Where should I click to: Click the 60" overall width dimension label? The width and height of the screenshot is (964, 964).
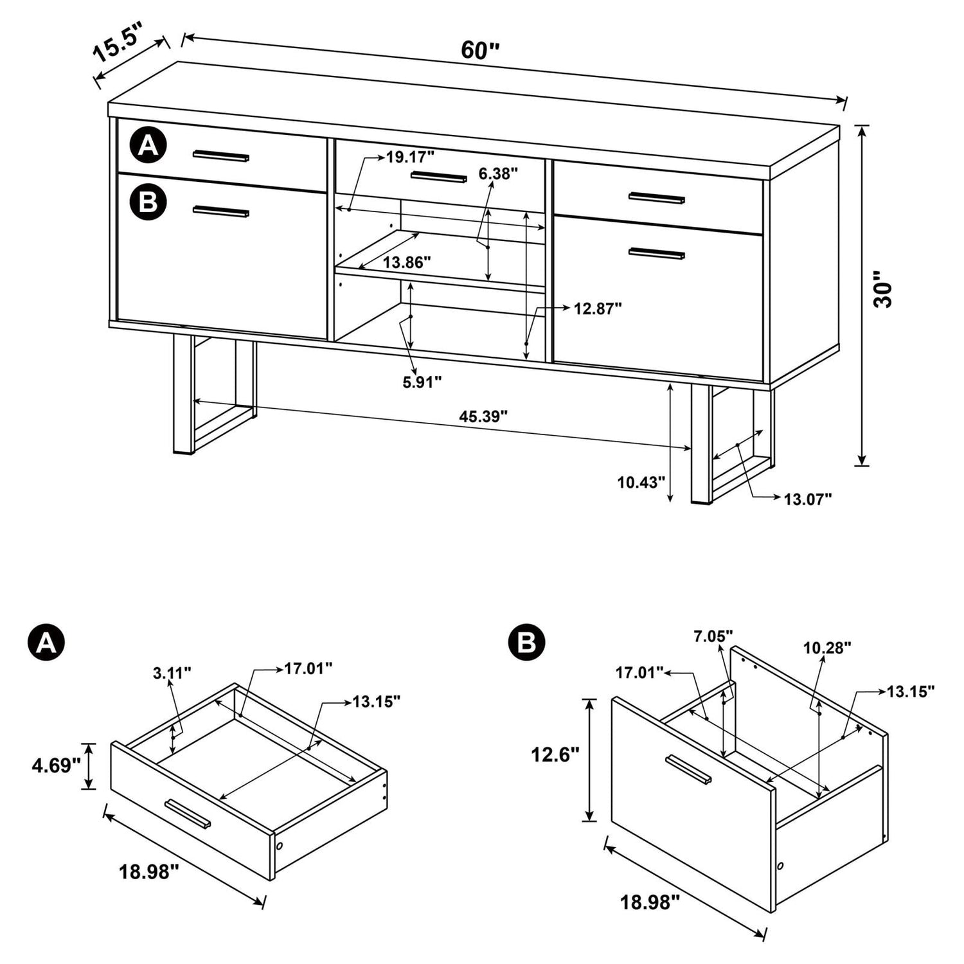[x=479, y=50]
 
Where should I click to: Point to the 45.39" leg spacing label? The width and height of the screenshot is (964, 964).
[x=483, y=416]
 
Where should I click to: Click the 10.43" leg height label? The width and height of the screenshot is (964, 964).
[x=641, y=481]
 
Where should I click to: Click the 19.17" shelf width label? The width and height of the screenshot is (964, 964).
[x=410, y=156]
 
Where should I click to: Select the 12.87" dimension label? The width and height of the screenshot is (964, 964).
[x=598, y=308]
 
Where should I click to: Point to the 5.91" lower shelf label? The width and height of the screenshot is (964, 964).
[x=422, y=382]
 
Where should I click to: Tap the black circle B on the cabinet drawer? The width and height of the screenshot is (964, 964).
[x=148, y=202]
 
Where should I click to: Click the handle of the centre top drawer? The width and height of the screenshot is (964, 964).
[x=439, y=177]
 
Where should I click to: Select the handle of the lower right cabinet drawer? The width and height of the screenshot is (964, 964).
[x=657, y=254]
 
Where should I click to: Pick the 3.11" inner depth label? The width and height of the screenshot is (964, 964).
[x=172, y=673]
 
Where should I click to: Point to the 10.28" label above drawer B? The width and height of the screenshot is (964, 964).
[x=827, y=647]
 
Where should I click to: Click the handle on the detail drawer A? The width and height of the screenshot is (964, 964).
[x=188, y=814]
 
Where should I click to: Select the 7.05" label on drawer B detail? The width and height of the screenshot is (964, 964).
[x=713, y=636]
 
